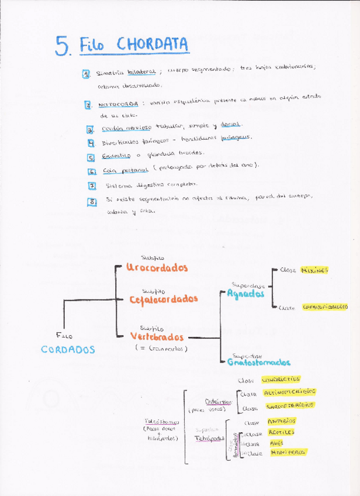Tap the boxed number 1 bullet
(86, 74)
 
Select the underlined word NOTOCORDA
(118, 105)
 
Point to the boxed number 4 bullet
(91, 142)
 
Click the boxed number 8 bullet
(91, 201)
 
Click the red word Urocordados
(157, 267)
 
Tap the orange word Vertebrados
(157, 337)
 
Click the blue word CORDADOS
(68, 349)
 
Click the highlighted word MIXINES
(314, 270)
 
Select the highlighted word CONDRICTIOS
(281, 379)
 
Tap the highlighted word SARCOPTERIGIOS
(290, 405)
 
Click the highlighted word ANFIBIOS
(281, 421)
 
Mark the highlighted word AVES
(276, 443)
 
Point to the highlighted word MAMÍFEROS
(288, 452)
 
